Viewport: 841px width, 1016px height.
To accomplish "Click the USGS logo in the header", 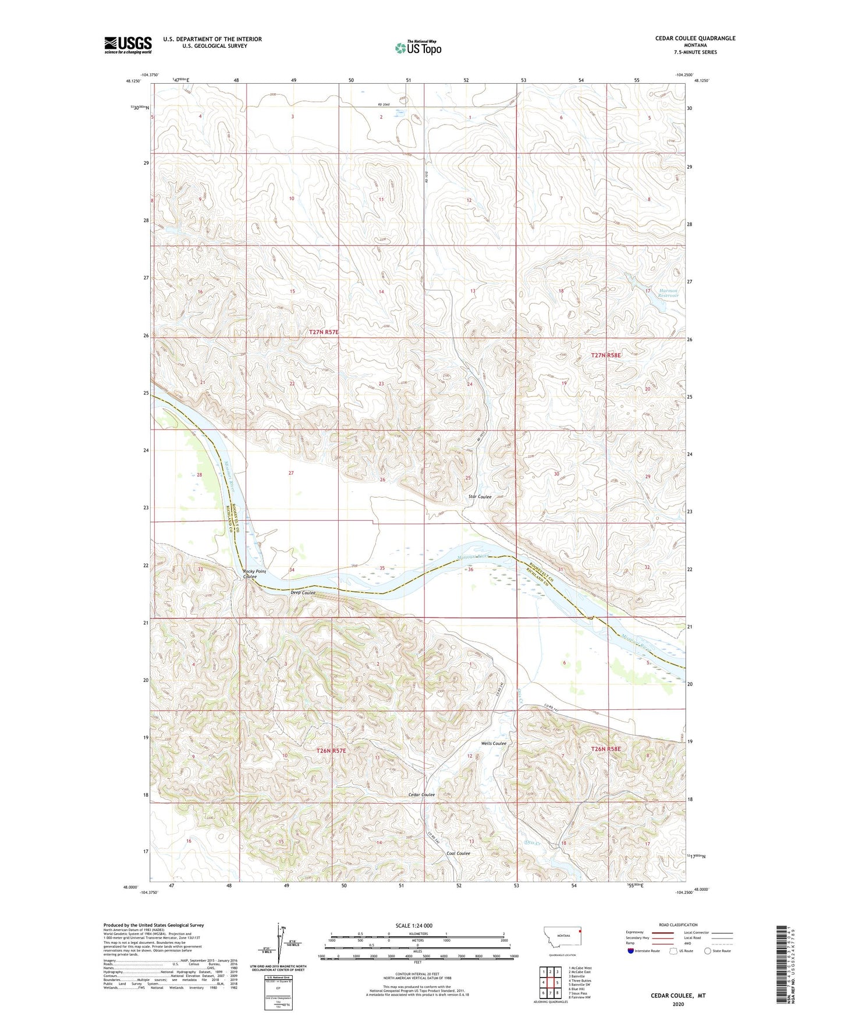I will tap(128, 45).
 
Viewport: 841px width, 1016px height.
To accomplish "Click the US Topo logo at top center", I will tap(418, 47).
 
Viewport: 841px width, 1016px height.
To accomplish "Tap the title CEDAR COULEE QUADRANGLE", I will tap(695, 38).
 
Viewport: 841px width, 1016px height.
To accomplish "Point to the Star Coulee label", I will tap(480, 497).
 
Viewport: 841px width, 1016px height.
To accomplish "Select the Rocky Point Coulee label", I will tap(254, 574).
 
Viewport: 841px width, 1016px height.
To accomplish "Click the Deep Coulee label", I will tap(303, 592).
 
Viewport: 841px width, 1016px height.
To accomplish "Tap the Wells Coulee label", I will tap(494, 743).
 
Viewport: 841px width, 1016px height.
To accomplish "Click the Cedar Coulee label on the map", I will tap(421, 795).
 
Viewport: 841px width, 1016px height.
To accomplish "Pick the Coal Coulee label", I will tap(458, 854).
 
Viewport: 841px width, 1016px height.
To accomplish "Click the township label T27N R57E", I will tap(324, 332).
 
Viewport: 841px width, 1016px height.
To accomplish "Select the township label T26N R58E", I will tap(606, 749).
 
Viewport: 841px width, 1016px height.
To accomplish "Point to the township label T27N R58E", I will tap(606, 355).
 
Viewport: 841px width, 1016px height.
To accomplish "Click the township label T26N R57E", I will tap(331, 751).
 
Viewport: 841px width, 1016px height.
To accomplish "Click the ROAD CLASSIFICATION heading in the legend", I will tap(678, 925).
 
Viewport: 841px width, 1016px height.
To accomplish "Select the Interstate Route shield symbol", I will tap(631, 951).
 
